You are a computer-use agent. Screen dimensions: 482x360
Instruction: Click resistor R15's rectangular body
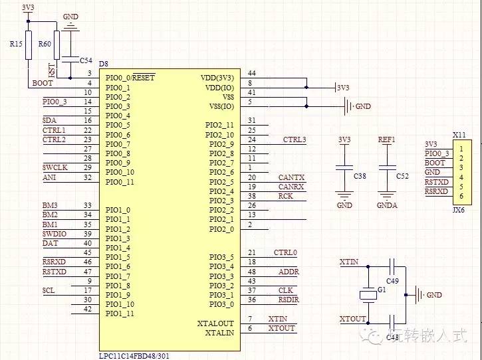(x=29, y=45)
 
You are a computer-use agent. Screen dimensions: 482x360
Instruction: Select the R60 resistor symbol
(x=57, y=45)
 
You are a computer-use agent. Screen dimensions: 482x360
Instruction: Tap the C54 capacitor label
(x=86, y=60)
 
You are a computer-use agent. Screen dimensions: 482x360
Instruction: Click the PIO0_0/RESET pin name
(x=130, y=78)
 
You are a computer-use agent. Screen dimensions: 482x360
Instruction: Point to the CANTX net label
(x=291, y=177)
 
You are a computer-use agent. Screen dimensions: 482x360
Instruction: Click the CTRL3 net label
(x=295, y=139)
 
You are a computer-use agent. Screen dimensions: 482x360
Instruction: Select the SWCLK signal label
(x=55, y=168)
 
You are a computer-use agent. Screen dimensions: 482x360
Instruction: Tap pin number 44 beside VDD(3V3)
(x=252, y=73)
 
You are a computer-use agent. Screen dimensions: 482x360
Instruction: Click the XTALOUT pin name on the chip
(x=215, y=323)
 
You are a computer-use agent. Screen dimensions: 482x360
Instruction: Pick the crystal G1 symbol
(x=368, y=295)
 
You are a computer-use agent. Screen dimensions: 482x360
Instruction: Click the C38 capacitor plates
(x=344, y=168)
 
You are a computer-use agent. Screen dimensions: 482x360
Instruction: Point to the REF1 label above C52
(x=386, y=139)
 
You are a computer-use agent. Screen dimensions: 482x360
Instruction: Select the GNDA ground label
(x=387, y=205)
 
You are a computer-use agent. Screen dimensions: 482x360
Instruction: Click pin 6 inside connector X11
(x=461, y=196)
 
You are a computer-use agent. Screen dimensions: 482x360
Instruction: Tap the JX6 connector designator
(x=458, y=210)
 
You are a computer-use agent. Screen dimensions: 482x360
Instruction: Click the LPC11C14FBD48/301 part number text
(x=134, y=356)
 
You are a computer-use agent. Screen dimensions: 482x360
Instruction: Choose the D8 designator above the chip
(x=104, y=64)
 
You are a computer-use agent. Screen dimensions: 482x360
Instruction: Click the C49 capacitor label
(x=392, y=281)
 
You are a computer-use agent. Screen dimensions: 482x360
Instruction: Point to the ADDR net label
(x=289, y=272)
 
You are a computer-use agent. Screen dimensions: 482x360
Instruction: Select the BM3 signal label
(x=50, y=205)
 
